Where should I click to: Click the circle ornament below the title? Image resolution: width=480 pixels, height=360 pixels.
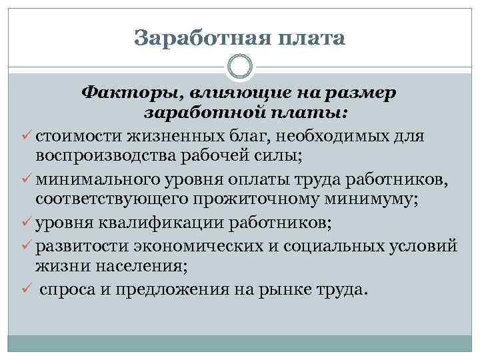[240, 66]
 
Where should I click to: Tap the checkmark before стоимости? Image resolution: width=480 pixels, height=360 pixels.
[27, 137]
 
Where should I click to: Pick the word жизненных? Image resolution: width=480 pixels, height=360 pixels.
[181, 137]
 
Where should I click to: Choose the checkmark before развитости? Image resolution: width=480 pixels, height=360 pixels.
[27, 245]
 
